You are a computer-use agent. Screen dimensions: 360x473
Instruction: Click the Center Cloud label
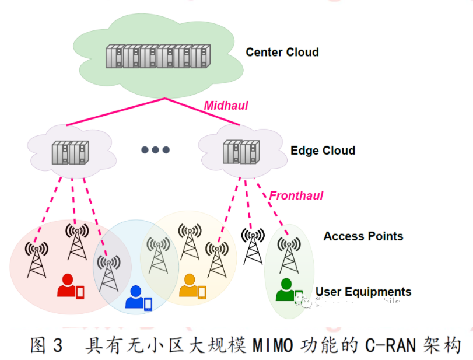click(x=282, y=52)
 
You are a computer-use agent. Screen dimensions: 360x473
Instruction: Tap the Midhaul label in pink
click(x=226, y=106)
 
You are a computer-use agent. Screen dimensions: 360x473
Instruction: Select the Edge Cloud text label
click(x=323, y=151)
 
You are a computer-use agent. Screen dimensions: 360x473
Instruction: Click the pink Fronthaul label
click(x=296, y=195)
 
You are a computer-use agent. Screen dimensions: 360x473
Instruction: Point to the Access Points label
click(x=363, y=236)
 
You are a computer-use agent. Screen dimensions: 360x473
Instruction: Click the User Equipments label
click(x=363, y=292)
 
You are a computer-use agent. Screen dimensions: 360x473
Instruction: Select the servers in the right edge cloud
click(x=240, y=152)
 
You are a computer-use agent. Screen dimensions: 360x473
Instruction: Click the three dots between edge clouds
click(x=155, y=150)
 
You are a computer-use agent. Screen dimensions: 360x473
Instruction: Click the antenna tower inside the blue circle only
click(x=108, y=272)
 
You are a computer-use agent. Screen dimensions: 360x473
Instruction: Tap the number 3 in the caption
click(x=57, y=345)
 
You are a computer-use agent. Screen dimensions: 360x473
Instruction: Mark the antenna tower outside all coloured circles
click(x=253, y=246)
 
